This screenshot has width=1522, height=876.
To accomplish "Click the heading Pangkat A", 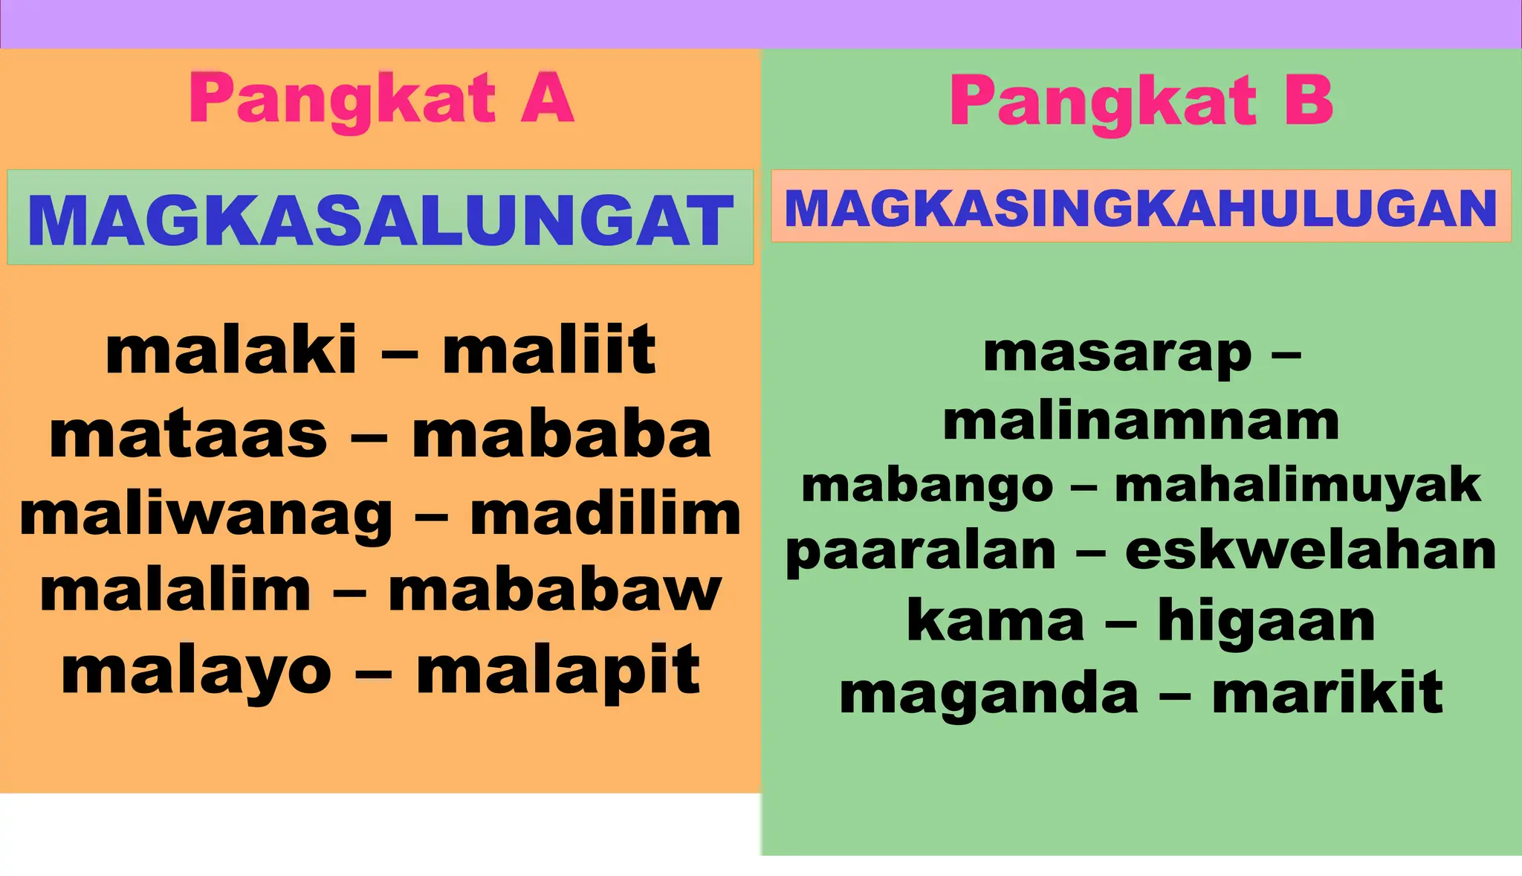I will point(381,99).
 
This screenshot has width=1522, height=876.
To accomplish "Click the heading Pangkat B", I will point(1141,102).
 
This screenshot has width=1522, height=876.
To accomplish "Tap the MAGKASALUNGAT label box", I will point(380,218).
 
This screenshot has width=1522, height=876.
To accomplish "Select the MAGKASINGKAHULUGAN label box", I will point(1141,207).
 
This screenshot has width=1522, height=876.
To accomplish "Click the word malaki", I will point(231,350).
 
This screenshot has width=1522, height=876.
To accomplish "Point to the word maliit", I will point(548,350).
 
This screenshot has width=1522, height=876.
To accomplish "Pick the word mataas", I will point(188,435).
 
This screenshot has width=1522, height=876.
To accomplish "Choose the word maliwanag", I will point(206,515).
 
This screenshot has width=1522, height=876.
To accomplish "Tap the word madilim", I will point(606,514).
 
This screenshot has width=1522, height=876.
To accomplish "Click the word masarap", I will point(1117,354).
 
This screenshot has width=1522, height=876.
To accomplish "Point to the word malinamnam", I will point(1141,421).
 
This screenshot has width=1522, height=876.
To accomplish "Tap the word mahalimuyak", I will point(1298,486).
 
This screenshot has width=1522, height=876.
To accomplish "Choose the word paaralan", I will point(921,552).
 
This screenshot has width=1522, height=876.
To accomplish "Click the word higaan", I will point(1266,621).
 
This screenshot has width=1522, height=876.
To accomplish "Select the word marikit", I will point(1327,692).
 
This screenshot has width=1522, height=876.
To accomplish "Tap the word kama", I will point(996,621).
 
